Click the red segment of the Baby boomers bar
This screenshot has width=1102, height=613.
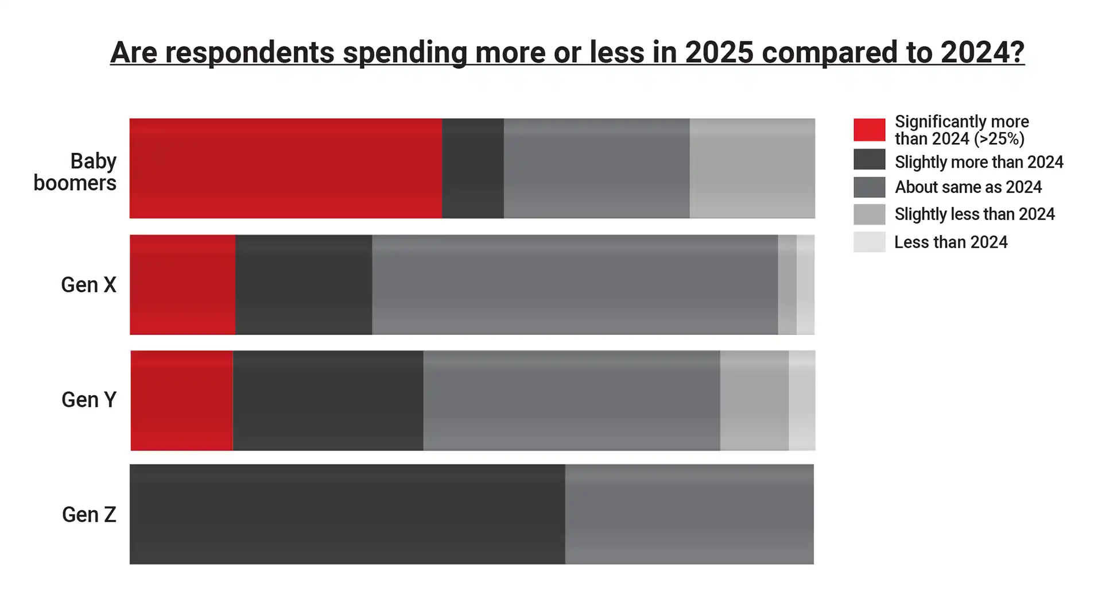285,168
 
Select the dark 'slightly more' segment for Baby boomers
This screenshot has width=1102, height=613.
472,168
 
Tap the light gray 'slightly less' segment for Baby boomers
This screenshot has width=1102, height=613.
752,168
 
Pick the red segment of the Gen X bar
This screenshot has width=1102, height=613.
182,284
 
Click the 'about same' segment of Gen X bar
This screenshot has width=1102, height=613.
575,284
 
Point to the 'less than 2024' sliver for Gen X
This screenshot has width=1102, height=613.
805,284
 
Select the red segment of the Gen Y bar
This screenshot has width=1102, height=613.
181,400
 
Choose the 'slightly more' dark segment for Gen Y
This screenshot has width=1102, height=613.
328,400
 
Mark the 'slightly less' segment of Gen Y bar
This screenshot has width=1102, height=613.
754,400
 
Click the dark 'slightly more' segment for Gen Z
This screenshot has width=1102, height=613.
347,514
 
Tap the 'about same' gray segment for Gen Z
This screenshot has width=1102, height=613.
689,514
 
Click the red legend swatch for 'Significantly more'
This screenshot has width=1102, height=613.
869,130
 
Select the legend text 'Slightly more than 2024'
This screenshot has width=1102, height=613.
979,162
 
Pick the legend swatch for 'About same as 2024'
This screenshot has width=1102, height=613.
869,187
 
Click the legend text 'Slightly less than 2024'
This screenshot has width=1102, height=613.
975,214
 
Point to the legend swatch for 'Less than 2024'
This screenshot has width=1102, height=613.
869,242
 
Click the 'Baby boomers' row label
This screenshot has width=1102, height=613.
75,172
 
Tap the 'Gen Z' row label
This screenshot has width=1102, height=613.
89,514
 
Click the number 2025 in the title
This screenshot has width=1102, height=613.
719,52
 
